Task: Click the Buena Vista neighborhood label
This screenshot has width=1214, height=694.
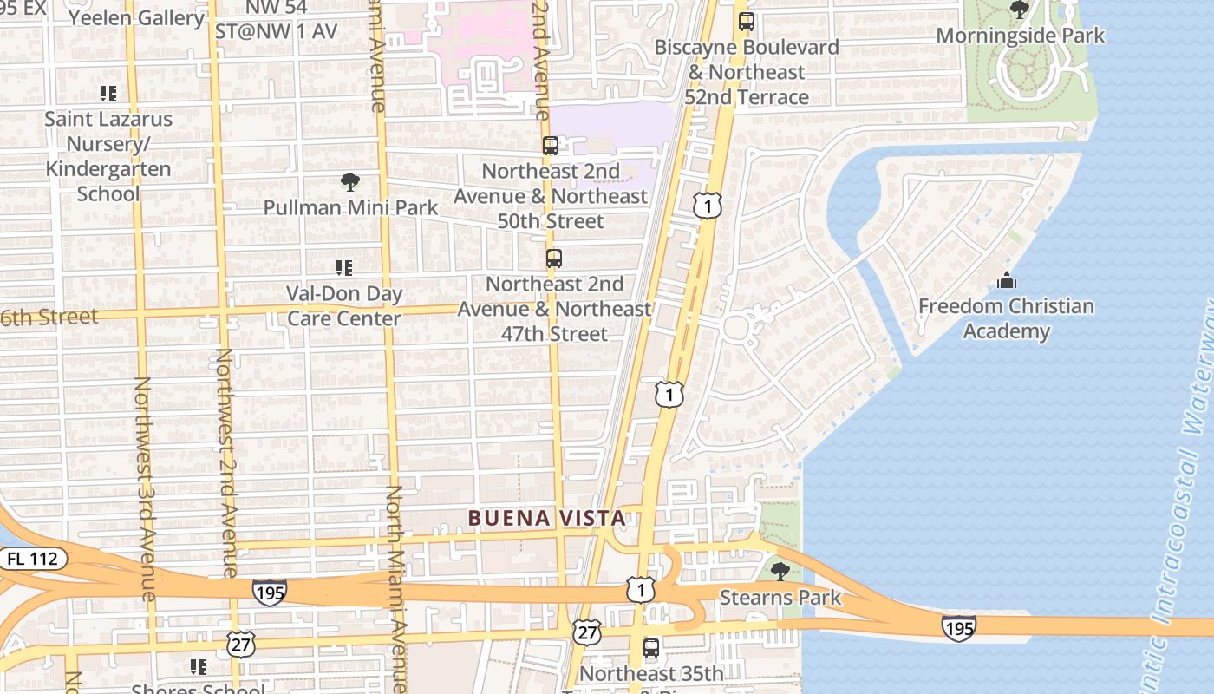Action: click(x=546, y=519)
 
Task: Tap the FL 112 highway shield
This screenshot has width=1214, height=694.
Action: click(x=32, y=560)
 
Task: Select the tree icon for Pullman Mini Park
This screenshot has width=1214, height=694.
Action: click(x=350, y=182)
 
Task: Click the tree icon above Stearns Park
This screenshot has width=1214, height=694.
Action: click(x=780, y=571)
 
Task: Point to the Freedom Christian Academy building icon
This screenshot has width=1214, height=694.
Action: click(x=1006, y=280)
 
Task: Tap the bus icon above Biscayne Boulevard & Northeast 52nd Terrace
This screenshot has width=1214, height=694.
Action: click(x=746, y=22)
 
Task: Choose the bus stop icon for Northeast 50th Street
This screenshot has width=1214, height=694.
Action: click(x=551, y=146)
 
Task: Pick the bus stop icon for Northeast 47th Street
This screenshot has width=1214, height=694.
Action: click(x=554, y=259)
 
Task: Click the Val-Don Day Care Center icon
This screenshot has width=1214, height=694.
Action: click(x=344, y=268)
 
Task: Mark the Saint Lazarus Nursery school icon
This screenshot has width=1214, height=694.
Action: click(x=108, y=93)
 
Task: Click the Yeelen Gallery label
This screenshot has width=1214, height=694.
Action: click(x=136, y=17)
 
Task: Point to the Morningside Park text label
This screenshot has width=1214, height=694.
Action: click(x=1021, y=36)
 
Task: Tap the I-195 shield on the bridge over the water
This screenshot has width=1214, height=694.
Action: click(x=958, y=626)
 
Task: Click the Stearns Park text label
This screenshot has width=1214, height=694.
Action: click(x=780, y=597)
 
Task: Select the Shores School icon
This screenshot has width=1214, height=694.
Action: click(x=199, y=666)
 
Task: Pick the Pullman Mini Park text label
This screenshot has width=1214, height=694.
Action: click(x=351, y=208)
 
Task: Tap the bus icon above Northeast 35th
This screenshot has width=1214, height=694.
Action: click(x=651, y=648)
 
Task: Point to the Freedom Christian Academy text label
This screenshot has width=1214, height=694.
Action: click(x=1006, y=318)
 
